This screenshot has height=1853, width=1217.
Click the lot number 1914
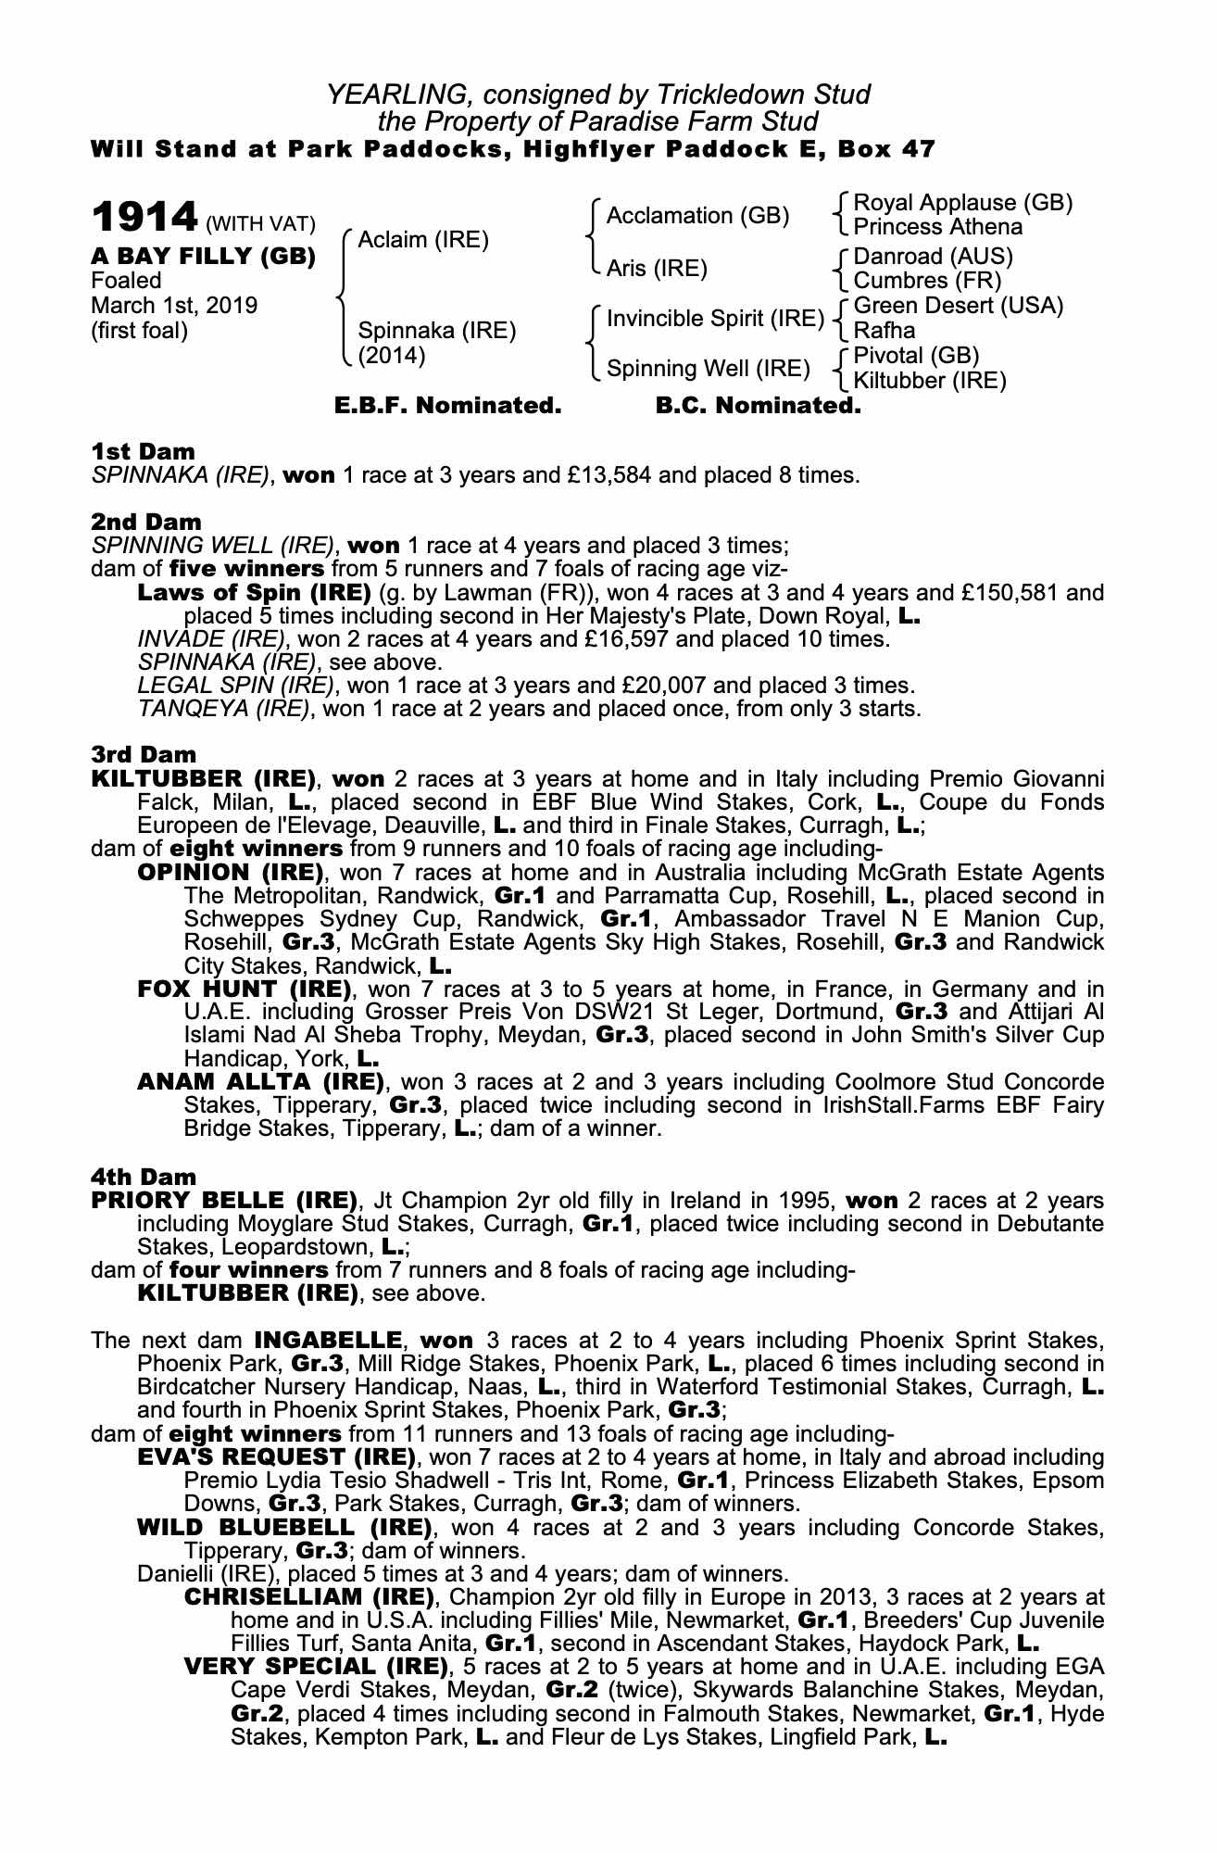pos(144,218)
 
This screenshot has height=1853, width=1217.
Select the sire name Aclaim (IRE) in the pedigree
pos(422,240)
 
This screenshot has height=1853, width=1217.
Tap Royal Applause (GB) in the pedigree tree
pos(962,203)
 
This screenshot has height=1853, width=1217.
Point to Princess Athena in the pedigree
pos(937,227)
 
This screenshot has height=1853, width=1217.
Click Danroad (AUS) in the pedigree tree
pos(933,256)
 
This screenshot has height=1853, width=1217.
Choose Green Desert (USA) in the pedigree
pos(958,306)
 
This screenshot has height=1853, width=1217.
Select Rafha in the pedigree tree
pos(884,331)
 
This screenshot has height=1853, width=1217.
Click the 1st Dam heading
pos(143,452)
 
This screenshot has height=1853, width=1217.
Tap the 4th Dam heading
pos(144,1178)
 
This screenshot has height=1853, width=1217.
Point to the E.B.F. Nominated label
pos(447,406)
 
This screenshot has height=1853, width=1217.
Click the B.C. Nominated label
pos(758,406)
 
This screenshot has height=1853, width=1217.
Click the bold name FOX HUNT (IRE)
pos(244,989)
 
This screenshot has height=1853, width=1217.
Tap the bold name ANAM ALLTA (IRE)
pos(260,1082)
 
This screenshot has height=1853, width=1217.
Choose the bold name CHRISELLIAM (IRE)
pos(309,1597)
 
